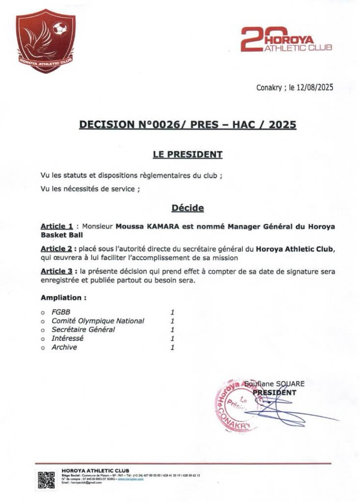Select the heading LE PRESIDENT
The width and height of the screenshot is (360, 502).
click(188, 155)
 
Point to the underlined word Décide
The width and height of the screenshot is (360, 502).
click(188, 208)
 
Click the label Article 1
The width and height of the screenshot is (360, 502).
click(57, 226)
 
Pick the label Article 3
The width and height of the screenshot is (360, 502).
click(57, 271)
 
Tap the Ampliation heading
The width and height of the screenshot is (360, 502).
click(64, 297)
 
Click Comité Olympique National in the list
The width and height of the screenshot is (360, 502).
click(98, 321)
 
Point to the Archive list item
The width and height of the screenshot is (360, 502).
click(64, 347)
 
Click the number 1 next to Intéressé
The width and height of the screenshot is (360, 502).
click(172, 338)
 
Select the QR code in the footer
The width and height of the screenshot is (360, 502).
click(46, 479)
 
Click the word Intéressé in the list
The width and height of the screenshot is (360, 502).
click(68, 338)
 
